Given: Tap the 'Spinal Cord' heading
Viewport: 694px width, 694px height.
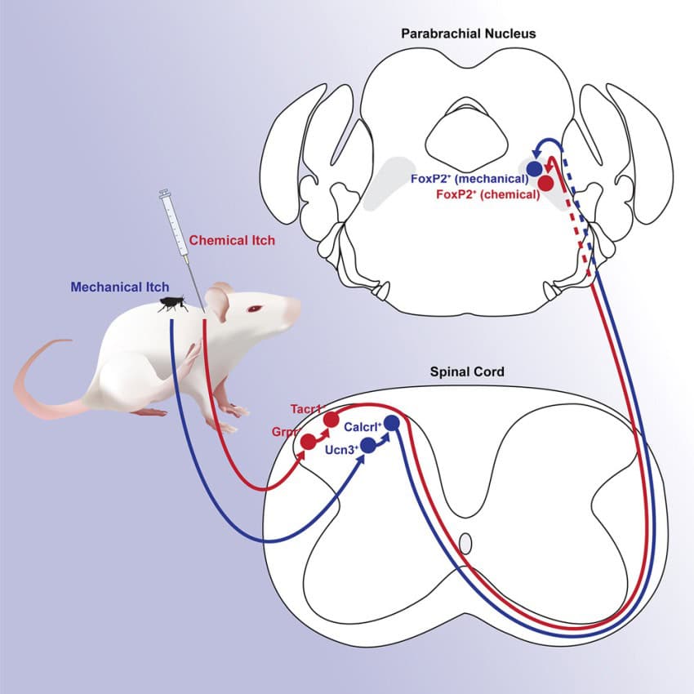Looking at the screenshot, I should click(x=467, y=372).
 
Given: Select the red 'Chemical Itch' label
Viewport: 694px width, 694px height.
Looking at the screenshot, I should click(x=232, y=240).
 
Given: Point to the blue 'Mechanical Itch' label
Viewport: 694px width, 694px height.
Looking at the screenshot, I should click(x=120, y=287).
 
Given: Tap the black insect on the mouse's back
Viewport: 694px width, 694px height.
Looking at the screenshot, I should click(x=171, y=305).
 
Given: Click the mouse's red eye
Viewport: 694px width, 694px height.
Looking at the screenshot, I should click(x=256, y=309).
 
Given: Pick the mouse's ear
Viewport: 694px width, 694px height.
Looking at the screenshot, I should click(x=216, y=301).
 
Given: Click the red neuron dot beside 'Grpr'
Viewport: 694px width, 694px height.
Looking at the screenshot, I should click(x=309, y=442).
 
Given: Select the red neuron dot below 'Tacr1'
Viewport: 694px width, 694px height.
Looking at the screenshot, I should click(x=331, y=420).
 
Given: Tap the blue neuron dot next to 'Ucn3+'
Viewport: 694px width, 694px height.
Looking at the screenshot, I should click(x=367, y=445).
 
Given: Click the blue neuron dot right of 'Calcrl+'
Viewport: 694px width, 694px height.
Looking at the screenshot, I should click(x=392, y=423).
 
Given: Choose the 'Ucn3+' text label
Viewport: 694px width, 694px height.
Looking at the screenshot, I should click(x=342, y=447).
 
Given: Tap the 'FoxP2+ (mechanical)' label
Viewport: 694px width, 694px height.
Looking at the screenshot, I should click(x=470, y=179).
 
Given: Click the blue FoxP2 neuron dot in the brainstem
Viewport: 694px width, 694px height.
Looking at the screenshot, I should click(x=534, y=168).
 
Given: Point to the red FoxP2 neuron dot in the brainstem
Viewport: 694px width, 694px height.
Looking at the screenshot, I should click(x=545, y=183).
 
